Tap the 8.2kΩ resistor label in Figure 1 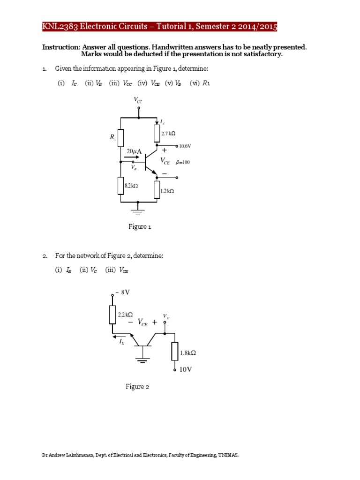tap(132, 186)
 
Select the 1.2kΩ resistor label tap(167, 191)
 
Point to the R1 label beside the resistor tap(113, 137)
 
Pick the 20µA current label tap(134, 151)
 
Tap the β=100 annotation tap(183, 162)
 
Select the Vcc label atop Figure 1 tap(139, 100)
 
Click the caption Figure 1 tap(140, 227)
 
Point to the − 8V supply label tap(122, 292)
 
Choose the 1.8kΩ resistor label tap(187, 353)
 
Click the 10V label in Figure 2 tap(186, 369)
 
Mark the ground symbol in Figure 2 tap(142, 360)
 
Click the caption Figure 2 tap(137, 387)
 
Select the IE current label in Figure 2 tap(122, 343)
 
